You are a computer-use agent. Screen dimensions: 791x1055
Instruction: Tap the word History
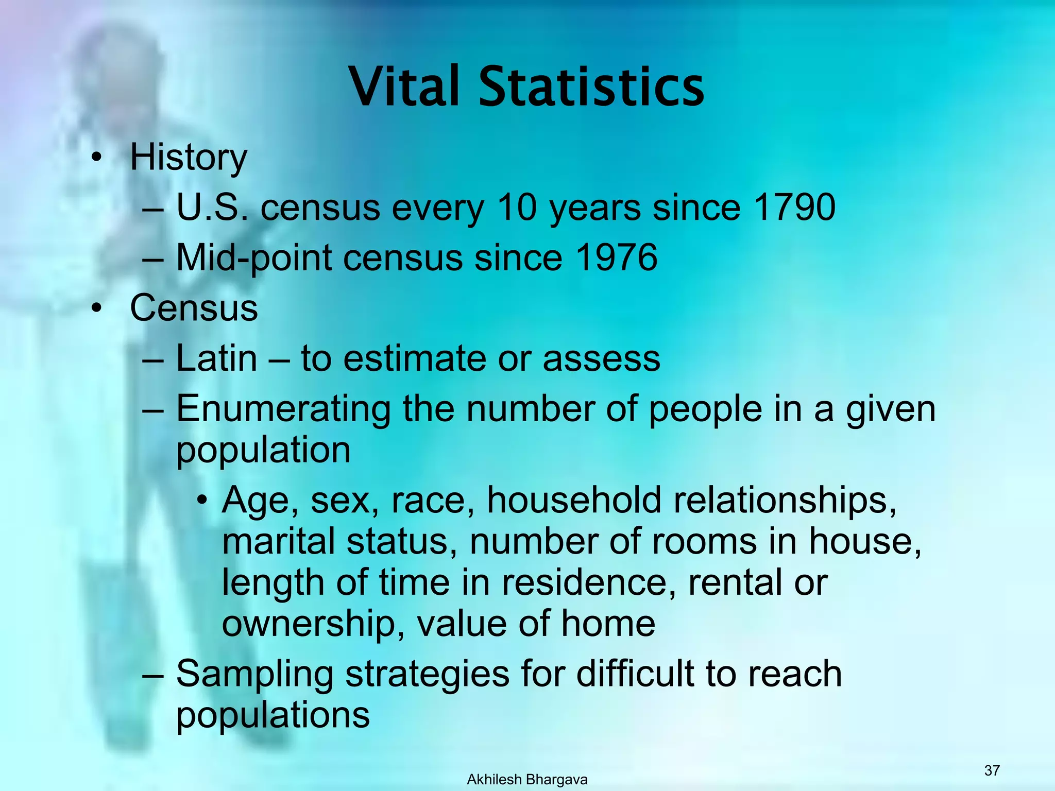tap(189, 158)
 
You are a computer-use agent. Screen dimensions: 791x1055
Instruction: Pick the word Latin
tap(216, 358)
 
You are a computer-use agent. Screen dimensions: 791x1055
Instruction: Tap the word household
tap(574, 501)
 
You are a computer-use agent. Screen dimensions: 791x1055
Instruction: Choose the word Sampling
tap(255, 675)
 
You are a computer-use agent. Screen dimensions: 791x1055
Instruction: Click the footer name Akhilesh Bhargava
tap(527, 780)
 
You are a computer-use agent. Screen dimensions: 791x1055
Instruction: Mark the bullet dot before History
tap(95, 159)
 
